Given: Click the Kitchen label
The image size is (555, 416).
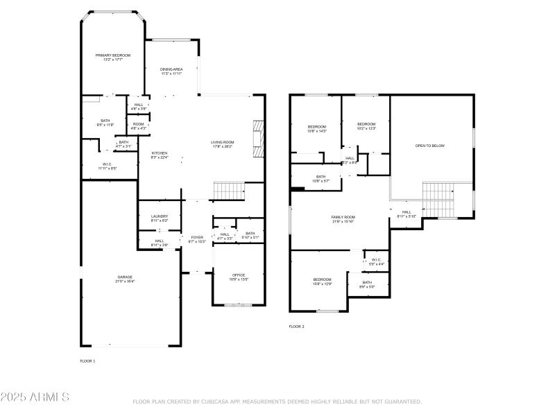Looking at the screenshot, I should [160, 155].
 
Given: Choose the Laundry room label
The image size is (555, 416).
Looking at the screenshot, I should [160, 218].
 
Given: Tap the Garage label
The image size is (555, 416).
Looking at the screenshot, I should [125, 279].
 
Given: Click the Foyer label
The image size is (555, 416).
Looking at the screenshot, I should [197, 239].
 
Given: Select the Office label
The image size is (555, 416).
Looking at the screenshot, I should [238, 277].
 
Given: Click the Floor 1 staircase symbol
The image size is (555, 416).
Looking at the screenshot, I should [230, 190].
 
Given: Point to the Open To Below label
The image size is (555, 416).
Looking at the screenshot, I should [429, 146].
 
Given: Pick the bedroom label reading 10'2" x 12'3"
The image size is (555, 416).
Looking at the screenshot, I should [366, 125].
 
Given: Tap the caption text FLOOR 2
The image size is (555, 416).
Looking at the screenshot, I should [296, 327].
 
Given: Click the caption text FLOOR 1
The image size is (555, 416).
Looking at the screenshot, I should [87, 361].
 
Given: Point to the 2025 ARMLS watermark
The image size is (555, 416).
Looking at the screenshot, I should [35, 397].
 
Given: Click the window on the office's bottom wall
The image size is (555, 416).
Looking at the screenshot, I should [238, 305].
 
